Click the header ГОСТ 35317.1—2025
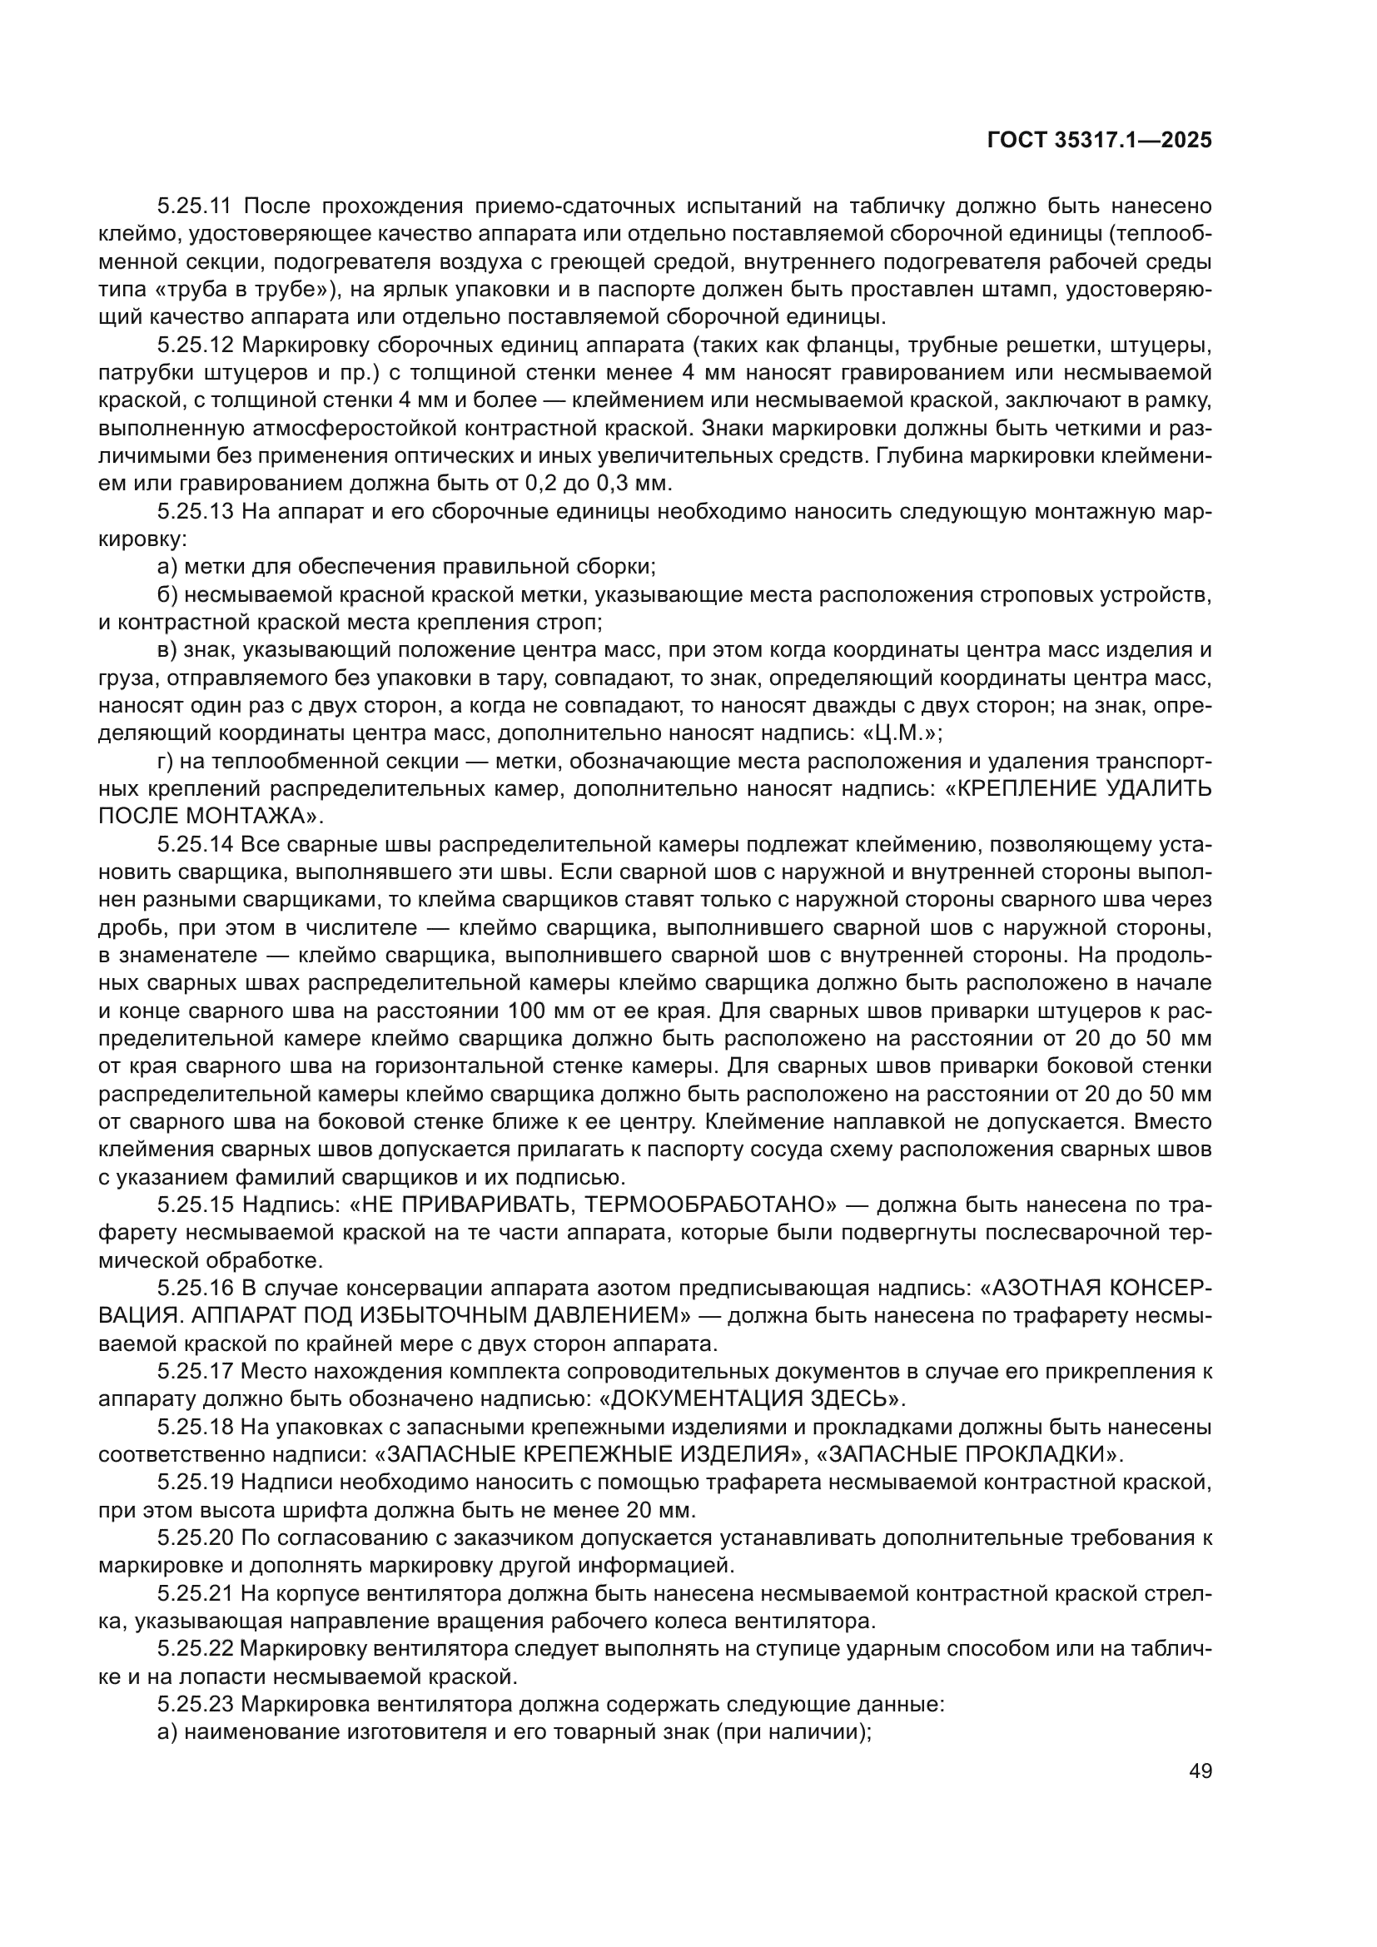pyautogui.click(x=1099, y=141)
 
